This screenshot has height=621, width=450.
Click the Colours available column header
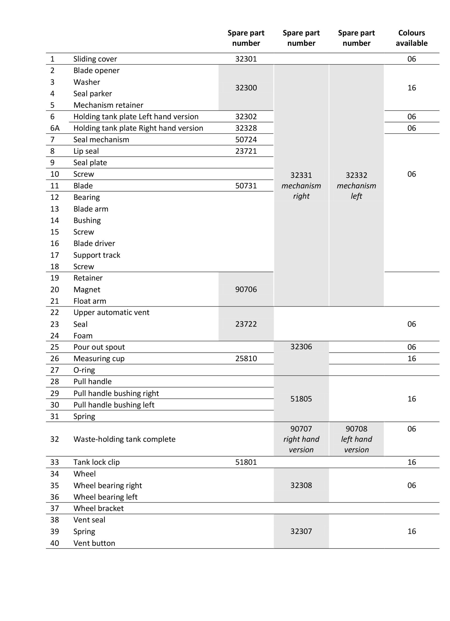411,38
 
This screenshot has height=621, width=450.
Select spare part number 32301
246,59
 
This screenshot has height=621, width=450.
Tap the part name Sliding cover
95,59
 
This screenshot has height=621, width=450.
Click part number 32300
246,88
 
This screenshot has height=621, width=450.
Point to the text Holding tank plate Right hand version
138,128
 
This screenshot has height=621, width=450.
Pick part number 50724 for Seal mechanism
246,140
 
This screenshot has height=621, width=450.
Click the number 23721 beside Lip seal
246,151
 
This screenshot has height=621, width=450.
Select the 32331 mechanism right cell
301,185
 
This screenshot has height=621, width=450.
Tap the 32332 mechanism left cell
356,185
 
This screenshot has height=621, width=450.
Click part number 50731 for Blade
246,186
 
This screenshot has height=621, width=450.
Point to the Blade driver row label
94,243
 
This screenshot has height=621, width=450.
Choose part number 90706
246,289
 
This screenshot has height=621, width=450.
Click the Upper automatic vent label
111,312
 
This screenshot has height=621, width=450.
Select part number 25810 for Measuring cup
246,359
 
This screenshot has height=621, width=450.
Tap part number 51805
301,399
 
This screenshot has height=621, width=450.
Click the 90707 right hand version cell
301,439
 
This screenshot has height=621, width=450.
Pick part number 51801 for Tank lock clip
246,462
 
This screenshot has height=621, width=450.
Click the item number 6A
55,128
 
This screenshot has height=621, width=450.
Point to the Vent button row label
94,543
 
